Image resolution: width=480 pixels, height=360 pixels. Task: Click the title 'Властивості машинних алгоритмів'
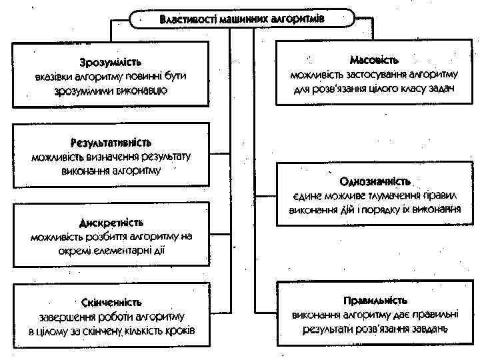242,19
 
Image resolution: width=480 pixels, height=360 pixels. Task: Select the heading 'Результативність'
111,143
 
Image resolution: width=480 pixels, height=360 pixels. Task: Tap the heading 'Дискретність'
111,223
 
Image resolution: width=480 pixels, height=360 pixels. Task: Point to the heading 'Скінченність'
111,302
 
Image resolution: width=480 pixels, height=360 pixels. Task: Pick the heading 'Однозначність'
375,181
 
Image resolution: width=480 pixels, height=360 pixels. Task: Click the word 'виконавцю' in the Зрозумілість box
145,90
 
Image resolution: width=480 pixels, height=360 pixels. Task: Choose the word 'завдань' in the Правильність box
426,329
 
